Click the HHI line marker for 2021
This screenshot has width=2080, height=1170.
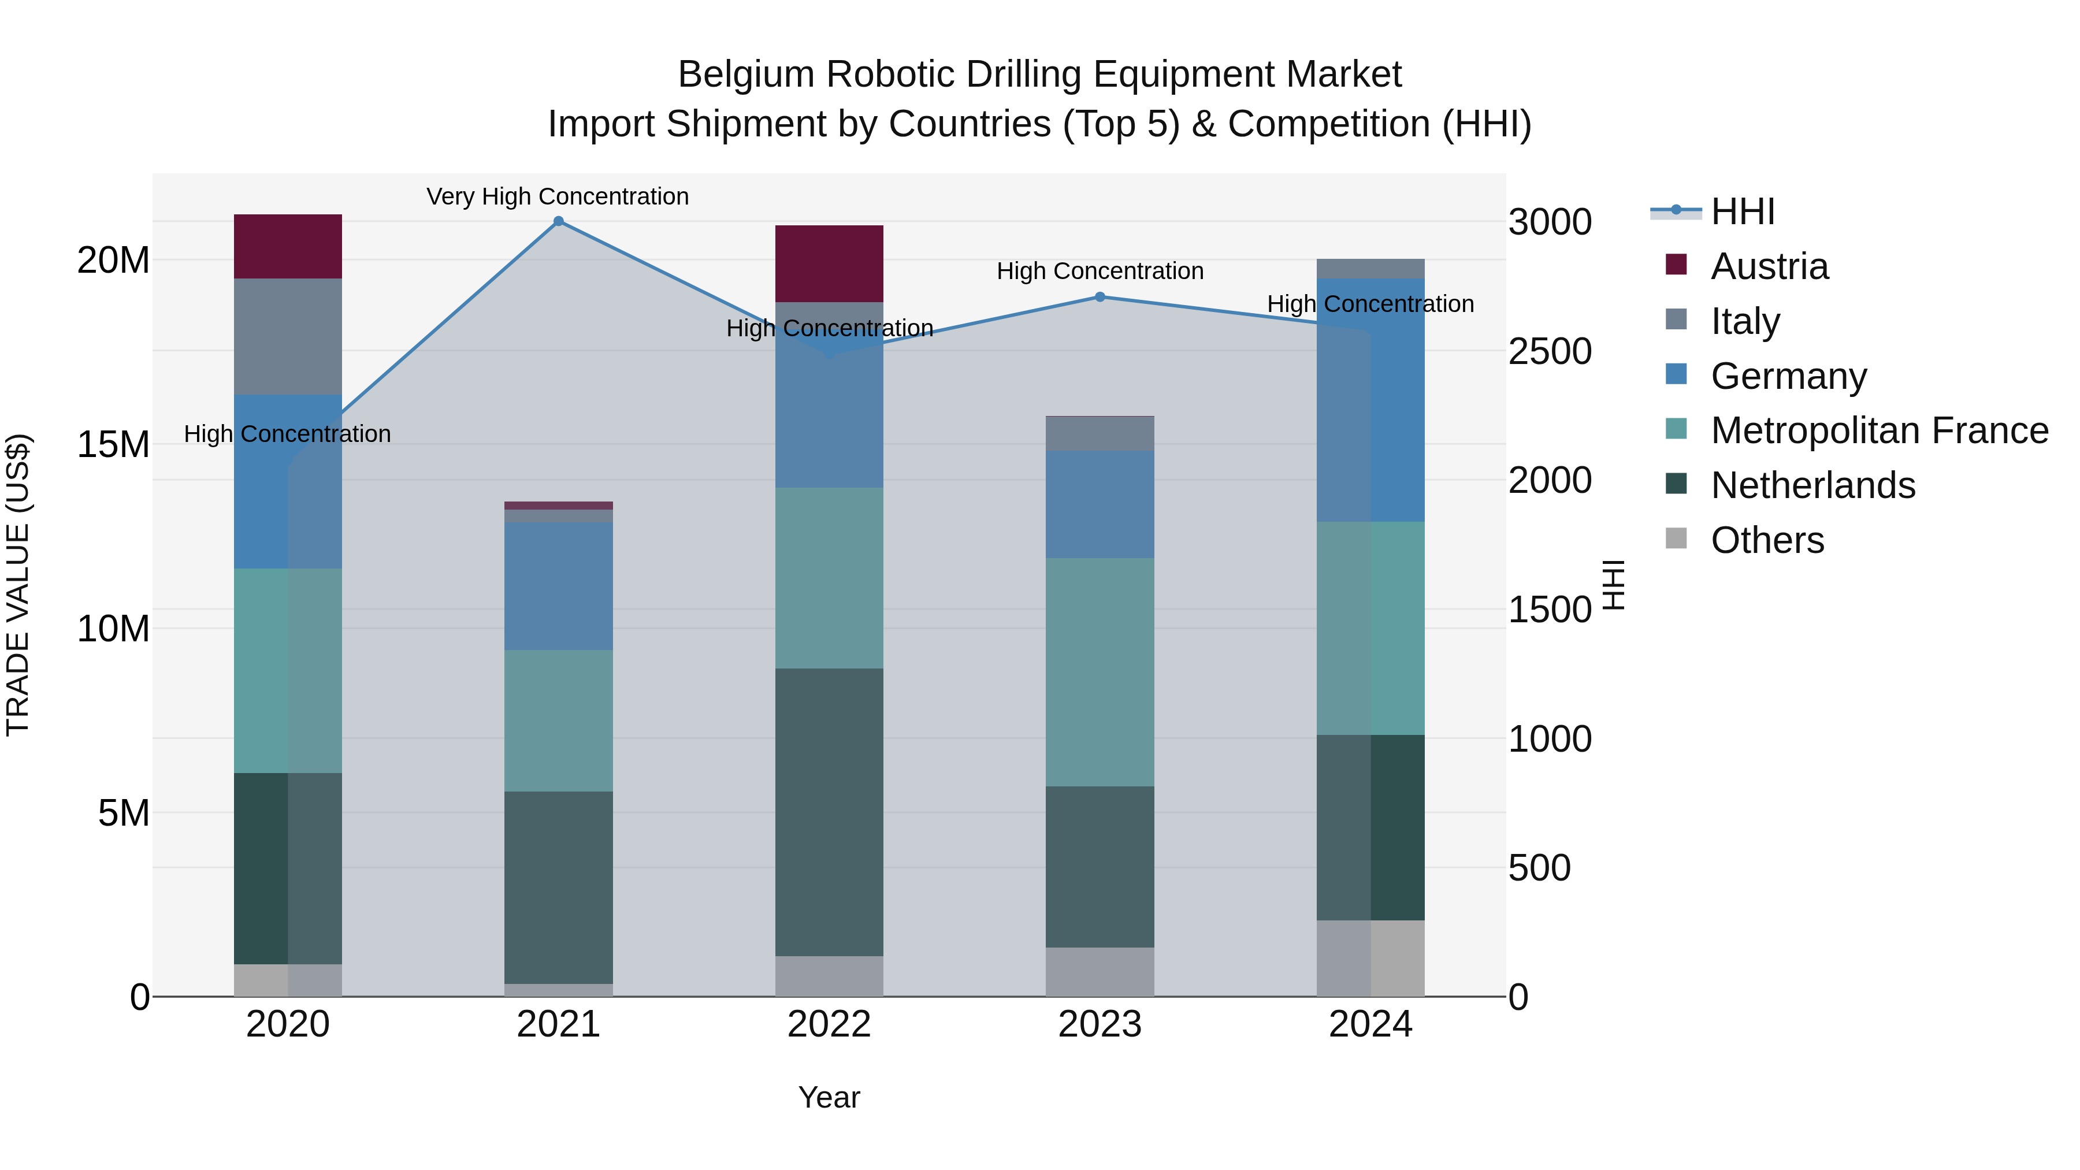[558, 221]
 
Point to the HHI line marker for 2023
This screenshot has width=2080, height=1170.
[1100, 297]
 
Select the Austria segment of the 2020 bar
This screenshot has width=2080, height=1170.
[288, 246]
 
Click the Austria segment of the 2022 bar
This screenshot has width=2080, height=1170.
[829, 263]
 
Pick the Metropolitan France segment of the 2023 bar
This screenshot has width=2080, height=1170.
[1100, 672]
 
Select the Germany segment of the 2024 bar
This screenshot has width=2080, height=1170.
[1370, 400]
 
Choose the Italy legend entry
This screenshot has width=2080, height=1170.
[1745, 321]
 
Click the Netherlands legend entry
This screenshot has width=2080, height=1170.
[1812, 485]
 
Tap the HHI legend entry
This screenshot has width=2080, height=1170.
[1743, 211]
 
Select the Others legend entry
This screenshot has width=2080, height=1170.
[1767, 540]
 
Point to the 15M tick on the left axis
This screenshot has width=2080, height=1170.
[113, 445]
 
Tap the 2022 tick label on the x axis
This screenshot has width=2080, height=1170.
[829, 1024]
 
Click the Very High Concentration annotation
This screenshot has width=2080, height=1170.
[558, 196]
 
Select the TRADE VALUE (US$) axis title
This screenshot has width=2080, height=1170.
[18, 585]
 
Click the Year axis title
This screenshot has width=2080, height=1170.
[829, 1097]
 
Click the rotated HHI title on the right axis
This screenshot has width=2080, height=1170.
[1613, 585]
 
